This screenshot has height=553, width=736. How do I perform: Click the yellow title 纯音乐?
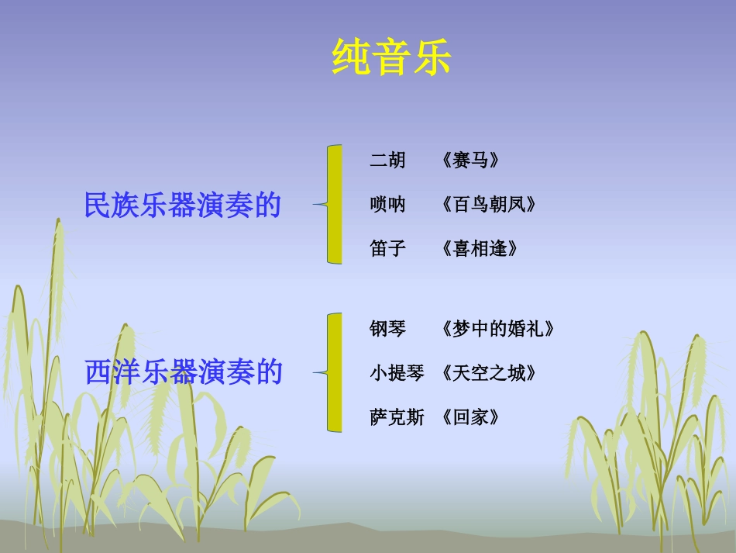click(x=391, y=57)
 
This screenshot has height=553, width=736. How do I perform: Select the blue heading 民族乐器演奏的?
click(x=182, y=206)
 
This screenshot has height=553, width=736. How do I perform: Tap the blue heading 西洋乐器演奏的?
click(x=184, y=372)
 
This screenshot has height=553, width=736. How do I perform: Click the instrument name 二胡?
click(x=387, y=161)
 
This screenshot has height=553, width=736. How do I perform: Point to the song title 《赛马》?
click(x=470, y=161)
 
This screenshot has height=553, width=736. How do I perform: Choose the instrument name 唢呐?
click(x=387, y=205)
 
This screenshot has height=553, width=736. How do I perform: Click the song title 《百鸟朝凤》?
click(x=488, y=205)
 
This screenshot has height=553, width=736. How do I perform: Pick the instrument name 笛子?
click(x=387, y=249)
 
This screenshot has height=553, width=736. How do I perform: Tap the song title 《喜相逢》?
click(x=479, y=249)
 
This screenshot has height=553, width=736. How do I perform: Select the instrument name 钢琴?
click(x=387, y=329)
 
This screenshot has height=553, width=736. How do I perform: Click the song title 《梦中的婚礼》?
click(x=497, y=329)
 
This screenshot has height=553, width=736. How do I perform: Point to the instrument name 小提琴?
click(x=397, y=373)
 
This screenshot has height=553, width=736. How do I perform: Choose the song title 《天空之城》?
click(x=488, y=373)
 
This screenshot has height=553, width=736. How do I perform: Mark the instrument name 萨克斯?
click(x=397, y=417)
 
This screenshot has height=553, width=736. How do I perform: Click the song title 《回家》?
click(x=470, y=417)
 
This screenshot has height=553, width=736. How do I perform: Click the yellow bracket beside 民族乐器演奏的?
click(x=333, y=204)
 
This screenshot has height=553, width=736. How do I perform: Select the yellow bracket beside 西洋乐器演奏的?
click(x=333, y=372)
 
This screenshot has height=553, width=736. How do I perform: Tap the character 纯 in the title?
click(x=351, y=57)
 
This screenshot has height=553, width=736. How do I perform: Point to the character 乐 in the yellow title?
click(x=432, y=57)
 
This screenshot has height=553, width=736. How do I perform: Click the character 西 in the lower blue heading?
click(x=98, y=372)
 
